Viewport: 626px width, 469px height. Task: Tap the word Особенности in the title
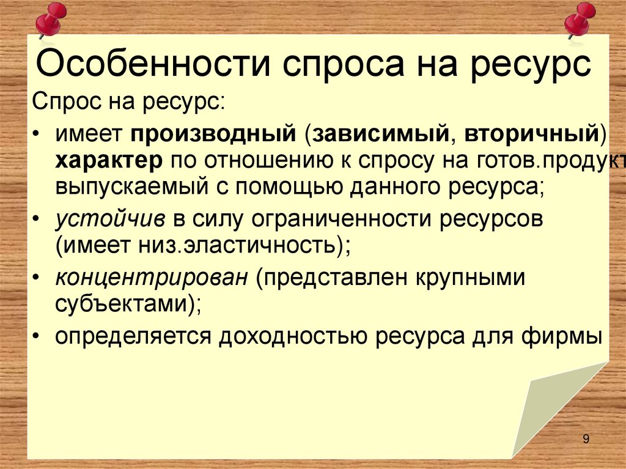147,64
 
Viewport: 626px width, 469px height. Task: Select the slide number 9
586,438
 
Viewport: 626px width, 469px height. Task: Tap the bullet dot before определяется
39,336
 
